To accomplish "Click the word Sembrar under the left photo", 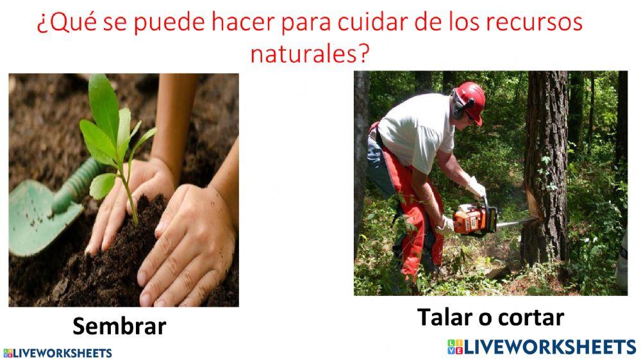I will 119,327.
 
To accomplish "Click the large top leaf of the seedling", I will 103,102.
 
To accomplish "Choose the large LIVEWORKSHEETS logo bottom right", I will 541,347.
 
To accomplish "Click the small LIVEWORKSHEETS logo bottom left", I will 58,353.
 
